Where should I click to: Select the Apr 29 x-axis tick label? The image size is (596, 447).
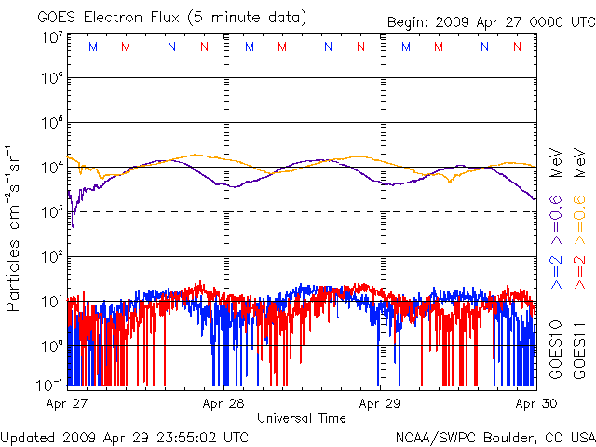click(x=379, y=404)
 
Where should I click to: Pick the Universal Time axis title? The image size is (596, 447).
click(x=301, y=418)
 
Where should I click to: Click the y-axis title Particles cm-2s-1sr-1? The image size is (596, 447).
click(x=15, y=227)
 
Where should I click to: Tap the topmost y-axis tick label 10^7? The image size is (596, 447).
click(x=51, y=38)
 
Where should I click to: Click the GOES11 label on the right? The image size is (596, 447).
click(x=579, y=349)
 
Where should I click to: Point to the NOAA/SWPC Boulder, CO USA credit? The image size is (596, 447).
click(x=494, y=437)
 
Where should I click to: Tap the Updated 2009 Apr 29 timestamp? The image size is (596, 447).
click(x=125, y=437)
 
